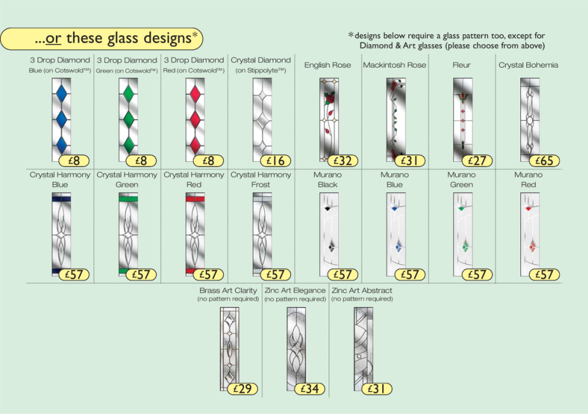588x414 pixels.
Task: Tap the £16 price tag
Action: [x=276, y=161]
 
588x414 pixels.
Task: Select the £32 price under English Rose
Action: [x=343, y=161]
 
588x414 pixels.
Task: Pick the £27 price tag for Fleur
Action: [x=477, y=161]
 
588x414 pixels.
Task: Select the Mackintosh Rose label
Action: [x=395, y=65]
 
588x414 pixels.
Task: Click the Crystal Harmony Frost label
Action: [x=260, y=179]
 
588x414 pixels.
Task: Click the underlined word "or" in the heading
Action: [x=54, y=39]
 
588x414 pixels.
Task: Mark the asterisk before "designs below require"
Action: [x=352, y=35]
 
